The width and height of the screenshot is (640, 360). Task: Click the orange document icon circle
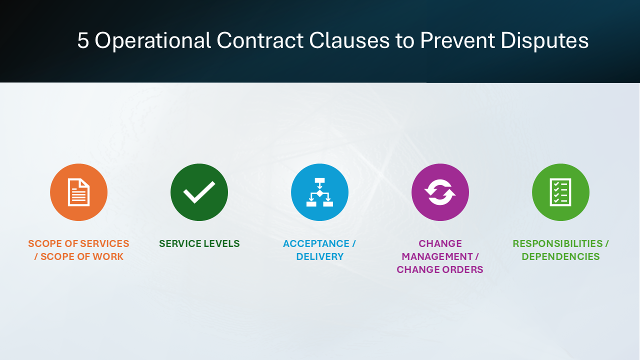(x=78, y=192)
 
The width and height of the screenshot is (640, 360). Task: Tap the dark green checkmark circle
(x=199, y=192)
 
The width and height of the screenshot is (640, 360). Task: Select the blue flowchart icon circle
(x=319, y=192)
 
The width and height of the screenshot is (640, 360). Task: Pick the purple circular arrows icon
(x=440, y=192)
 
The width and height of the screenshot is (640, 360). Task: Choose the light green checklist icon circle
(x=560, y=192)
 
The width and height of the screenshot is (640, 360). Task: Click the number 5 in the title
(x=83, y=41)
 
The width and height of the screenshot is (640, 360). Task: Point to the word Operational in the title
(x=153, y=41)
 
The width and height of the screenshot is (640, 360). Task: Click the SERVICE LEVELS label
(x=199, y=244)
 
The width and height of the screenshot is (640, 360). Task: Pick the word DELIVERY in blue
(x=320, y=257)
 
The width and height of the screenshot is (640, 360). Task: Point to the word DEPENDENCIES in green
(x=560, y=257)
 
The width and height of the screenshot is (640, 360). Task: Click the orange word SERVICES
(x=105, y=244)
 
